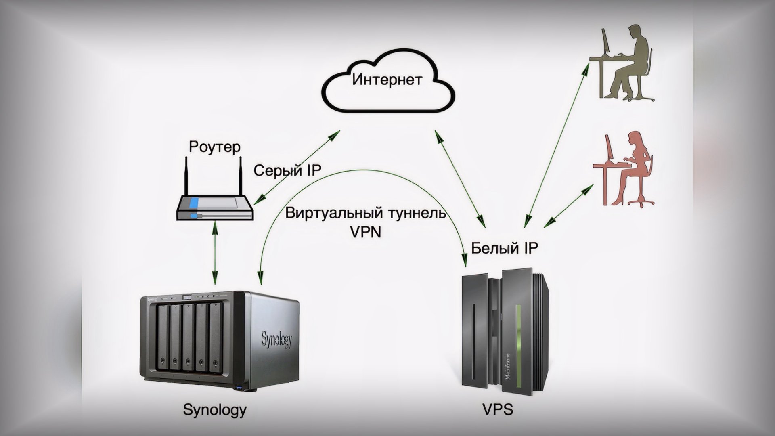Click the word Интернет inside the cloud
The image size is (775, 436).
pos(387,80)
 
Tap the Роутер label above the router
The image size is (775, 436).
pos(214,147)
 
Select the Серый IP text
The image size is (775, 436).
pos(287,171)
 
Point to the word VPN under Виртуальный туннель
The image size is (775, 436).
pos(365,232)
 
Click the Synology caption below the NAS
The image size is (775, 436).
pos(214,409)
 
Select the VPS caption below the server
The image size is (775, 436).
pos(497,409)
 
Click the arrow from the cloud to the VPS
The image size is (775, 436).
pos(460,178)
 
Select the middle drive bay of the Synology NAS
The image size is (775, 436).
pos(188,337)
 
